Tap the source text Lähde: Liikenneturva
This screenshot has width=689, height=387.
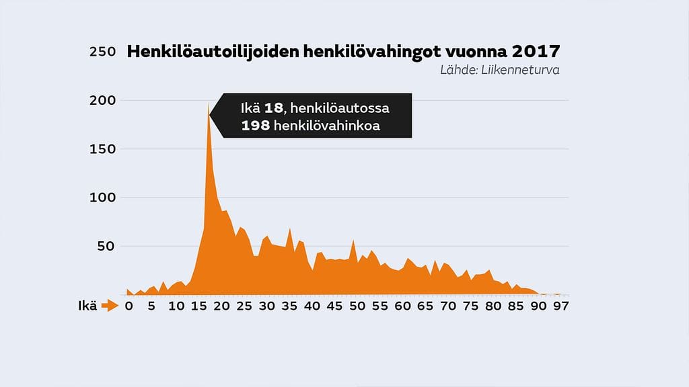[x=500, y=69]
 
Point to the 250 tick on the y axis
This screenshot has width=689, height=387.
[x=102, y=52]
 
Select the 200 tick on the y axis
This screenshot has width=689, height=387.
[x=103, y=101]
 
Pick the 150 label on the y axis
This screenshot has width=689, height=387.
[x=103, y=149]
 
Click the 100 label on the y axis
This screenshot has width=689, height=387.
[x=103, y=198]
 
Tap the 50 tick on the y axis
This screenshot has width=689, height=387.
[x=106, y=247]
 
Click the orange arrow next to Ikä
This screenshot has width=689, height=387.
[x=109, y=306]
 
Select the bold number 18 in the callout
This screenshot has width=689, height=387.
[x=274, y=108]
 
